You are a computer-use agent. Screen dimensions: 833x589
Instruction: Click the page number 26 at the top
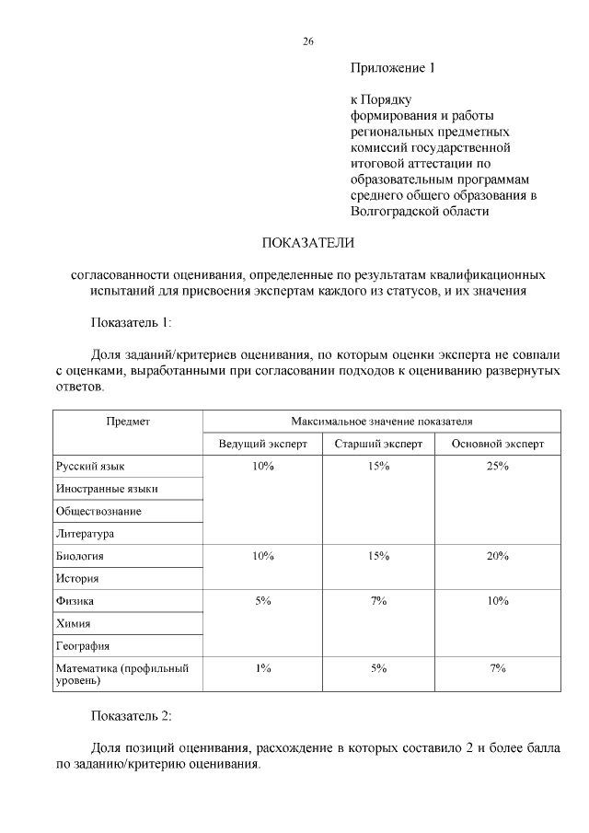(x=308, y=41)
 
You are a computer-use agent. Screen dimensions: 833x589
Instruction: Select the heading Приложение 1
(x=391, y=68)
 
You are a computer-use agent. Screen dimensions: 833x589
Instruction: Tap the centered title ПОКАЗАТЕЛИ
(x=308, y=243)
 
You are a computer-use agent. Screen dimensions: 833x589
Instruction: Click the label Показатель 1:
(x=131, y=322)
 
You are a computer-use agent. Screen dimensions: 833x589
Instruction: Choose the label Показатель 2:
(x=131, y=714)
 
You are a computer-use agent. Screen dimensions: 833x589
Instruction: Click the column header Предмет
(x=128, y=421)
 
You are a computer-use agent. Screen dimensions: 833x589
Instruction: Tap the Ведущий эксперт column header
(x=262, y=444)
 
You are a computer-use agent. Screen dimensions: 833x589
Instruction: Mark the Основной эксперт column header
(x=498, y=444)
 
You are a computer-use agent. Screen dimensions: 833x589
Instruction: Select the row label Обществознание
(x=98, y=511)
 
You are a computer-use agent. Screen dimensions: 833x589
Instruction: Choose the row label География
(x=82, y=646)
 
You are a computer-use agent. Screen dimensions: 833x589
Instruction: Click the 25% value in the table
(x=498, y=467)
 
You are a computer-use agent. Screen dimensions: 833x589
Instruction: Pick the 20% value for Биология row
(x=498, y=556)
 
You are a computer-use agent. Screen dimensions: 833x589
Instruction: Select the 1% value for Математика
(x=262, y=668)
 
